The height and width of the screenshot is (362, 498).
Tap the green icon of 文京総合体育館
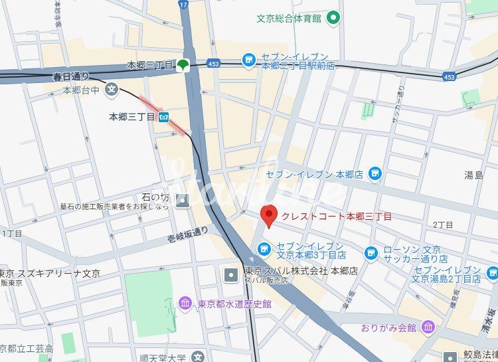(x=334, y=18)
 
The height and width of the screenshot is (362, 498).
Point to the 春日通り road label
(x=71, y=77)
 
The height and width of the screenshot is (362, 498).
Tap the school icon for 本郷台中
(x=111, y=88)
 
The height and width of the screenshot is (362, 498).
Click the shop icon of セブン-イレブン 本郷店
(x=375, y=174)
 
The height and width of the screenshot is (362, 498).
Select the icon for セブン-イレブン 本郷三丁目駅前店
(x=249, y=60)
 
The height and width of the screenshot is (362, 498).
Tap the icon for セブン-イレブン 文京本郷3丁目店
(x=264, y=250)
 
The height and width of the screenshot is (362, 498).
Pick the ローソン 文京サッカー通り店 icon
(x=371, y=252)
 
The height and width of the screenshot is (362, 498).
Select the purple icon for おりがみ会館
(x=428, y=327)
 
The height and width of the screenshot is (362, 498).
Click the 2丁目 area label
(x=442, y=226)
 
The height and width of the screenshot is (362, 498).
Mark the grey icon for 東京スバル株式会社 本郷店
(x=230, y=274)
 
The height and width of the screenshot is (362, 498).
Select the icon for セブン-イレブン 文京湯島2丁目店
(x=492, y=272)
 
